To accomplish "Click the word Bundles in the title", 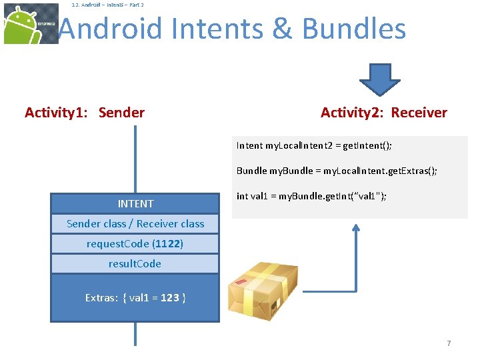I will [x=353, y=29].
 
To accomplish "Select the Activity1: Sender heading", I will [x=85, y=113].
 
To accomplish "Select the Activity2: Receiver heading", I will [x=384, y=113].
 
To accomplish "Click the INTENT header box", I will [x=135, y=204].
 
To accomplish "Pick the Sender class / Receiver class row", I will [x=135, y=224].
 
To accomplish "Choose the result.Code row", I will [x=135, y=264].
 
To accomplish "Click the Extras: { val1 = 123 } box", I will [x=135, y=298].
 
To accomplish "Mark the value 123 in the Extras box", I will [x=170, y=298].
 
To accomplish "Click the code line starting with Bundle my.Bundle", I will [x=337, y=171].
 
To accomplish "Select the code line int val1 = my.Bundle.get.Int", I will [x=312, y=196].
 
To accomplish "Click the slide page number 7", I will [x=449, y=343].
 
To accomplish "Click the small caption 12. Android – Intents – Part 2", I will [x=107, y=5].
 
